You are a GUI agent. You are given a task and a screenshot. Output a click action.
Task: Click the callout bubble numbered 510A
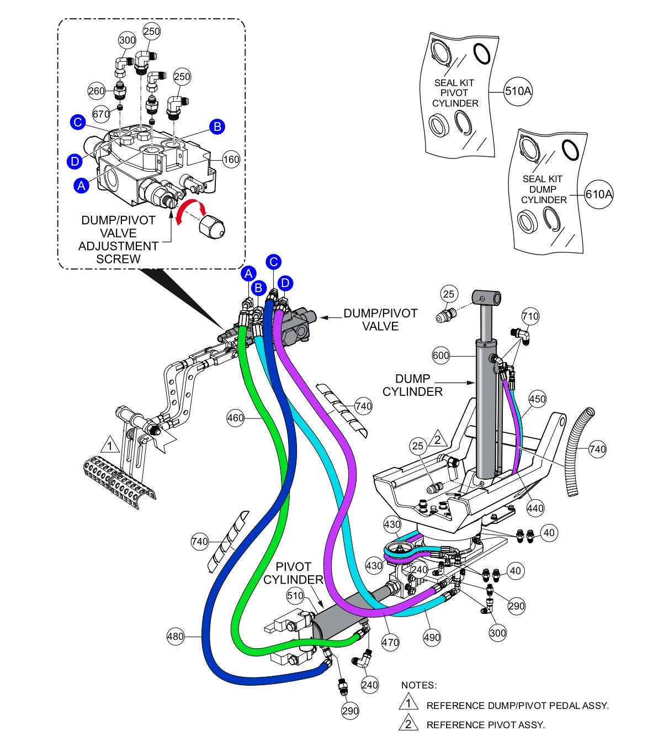point(518,91)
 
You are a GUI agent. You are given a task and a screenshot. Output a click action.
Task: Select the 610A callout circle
point(599,194)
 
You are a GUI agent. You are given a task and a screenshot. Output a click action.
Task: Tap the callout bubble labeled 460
point(236,418)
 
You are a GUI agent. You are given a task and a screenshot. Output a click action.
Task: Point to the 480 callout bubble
point(176,637)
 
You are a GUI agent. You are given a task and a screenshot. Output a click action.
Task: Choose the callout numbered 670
point(101,114)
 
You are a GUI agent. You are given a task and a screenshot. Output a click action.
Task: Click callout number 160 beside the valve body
point(231,160)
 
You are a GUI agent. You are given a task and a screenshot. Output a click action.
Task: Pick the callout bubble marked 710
point(530,316)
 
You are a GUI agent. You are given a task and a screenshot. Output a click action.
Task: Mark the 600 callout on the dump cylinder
point(441,356)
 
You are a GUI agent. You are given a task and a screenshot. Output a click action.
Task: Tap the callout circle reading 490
point(432,637)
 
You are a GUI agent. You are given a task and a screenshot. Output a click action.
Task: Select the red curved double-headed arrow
point(190,211)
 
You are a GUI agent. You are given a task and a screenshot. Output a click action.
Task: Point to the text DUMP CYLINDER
point(412,385)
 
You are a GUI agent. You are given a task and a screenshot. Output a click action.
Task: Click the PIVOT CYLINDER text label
point(293,573)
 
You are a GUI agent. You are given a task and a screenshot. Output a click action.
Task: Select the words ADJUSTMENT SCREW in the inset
point(118,252)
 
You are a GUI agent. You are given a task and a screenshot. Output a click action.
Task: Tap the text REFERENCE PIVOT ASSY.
point(485,725)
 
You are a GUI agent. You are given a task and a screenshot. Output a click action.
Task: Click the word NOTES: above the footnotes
point(418,685)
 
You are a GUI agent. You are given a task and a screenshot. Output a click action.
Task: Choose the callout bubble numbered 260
point(97,91)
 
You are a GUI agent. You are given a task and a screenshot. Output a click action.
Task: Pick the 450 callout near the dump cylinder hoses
point(537,399)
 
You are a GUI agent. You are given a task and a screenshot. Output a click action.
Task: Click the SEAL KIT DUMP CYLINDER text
point(544,189)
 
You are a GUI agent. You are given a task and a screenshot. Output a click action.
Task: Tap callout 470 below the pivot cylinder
point(390,642)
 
